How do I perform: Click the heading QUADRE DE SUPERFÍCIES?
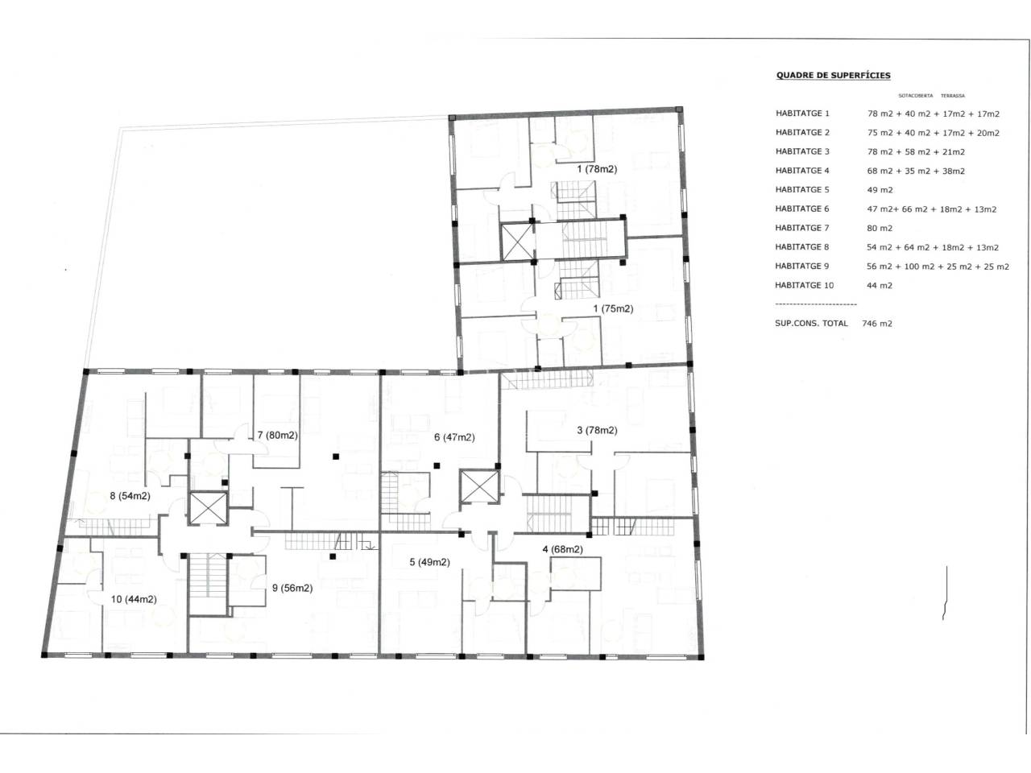(x=833, y=75)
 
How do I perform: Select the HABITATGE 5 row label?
(x=801, y=189)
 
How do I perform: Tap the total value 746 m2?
(x=876, y=324)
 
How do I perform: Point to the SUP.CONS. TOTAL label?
(x=811, y=323)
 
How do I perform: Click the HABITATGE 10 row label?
(x=804, y=285)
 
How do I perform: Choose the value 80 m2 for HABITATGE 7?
(x=880, y=228)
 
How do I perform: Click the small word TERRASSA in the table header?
(x=953, y=96)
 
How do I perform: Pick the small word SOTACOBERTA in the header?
(x=916, y=96)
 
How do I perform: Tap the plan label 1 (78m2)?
(x=597, y=169)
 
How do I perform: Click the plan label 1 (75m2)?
(x=613, y=308)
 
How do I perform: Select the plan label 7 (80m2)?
(x=278, y=435)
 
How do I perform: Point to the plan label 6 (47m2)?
(x=454, y=437)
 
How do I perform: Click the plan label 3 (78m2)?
(x=597, y=430)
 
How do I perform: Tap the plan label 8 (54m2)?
(x=130, y=496)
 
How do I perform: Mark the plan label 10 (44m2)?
(x=134, y=599)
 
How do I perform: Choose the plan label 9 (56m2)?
(x=292, y=588)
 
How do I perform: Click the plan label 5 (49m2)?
(x=429, y=562)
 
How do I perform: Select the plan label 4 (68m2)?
(x=562, y=549)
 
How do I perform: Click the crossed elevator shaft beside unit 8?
(x=208, y=508)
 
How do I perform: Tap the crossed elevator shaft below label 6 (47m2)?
(x=479, y=486)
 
